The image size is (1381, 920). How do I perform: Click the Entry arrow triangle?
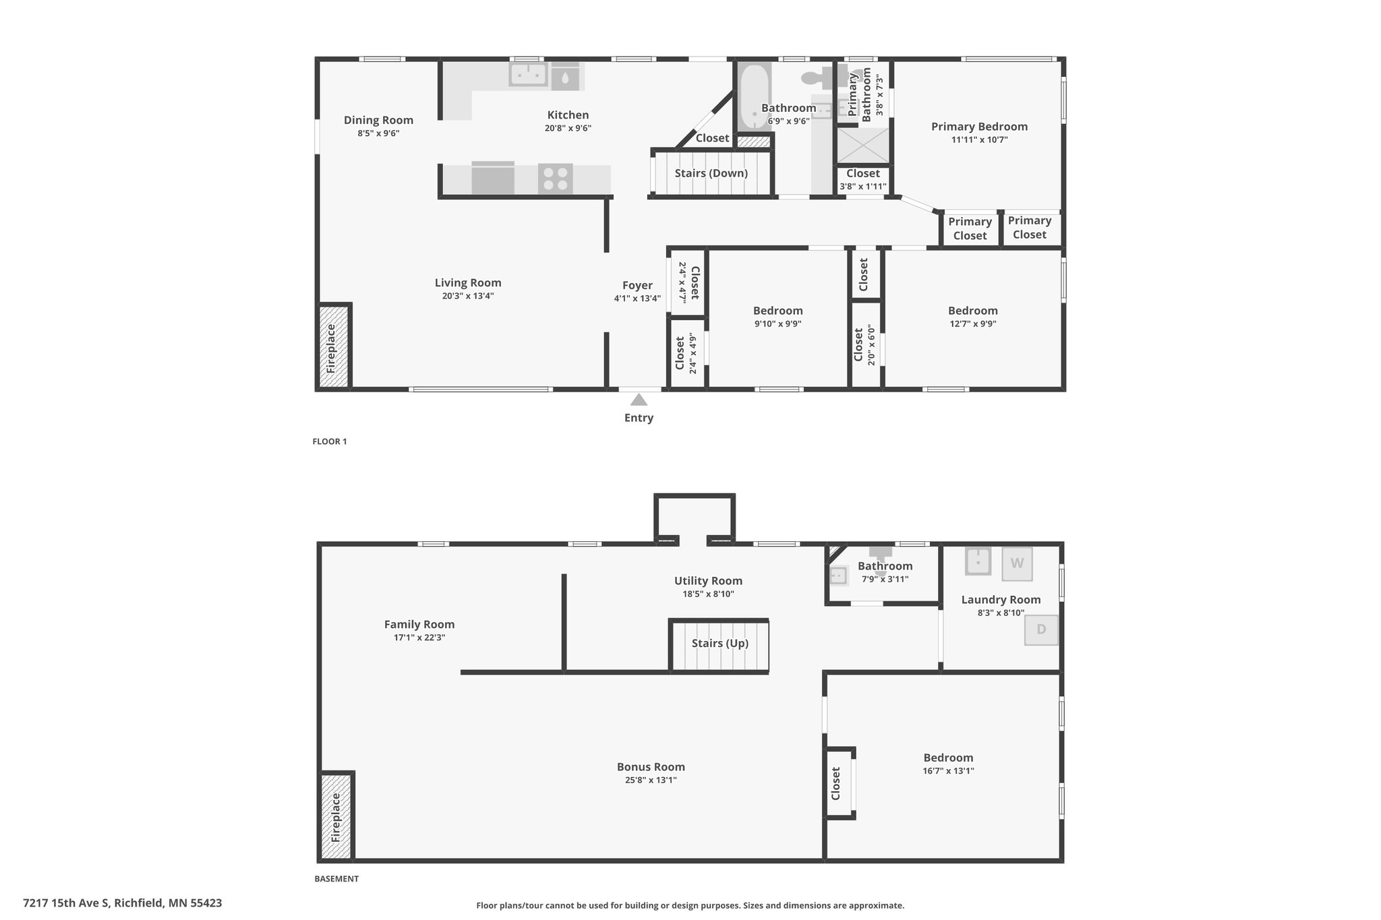(x=639, y=400)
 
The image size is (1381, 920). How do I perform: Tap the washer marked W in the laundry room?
(x=1017, y=563)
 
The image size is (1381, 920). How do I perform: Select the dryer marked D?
(x=1041, y=630)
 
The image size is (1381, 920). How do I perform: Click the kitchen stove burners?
(x=556, y=179)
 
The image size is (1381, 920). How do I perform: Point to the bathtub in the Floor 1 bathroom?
(x=754, y=98)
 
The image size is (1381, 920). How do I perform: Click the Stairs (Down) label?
(x=711, y=173)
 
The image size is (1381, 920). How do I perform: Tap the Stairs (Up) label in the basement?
(x=719, y=643)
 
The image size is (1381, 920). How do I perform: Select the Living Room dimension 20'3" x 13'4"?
(x=468, y=296)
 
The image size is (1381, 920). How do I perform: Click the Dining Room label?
(x=378, y=120)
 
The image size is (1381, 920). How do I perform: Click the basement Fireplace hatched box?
(x=336, y=816)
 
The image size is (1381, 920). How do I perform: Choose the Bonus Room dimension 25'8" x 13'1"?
(x=651, y=780)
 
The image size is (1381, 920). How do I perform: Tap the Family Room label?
(x=419, y=625)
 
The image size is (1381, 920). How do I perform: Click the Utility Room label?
(x=708, y=581)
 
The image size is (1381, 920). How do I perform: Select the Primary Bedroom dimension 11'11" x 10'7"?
(x=979, y=140)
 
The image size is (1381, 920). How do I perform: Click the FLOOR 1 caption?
(x=330, y=441)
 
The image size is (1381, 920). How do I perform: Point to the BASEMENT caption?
(x=336, y=879)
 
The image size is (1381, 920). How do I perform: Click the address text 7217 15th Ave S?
(x=66, y=902)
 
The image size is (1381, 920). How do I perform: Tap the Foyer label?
(x=637, y=285)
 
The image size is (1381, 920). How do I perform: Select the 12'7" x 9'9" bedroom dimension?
(x=972, y=324)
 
